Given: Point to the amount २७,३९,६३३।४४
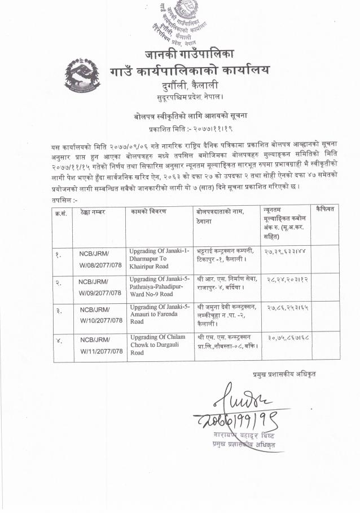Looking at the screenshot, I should point(286,250).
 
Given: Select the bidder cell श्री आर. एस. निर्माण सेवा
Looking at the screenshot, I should point(227,283).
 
